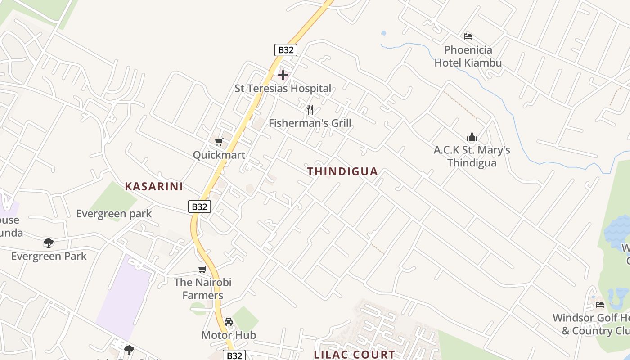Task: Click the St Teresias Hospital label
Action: [x=283, y=89]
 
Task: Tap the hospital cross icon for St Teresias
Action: [x=283, y=75]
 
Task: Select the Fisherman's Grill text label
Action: [x=310, y=123]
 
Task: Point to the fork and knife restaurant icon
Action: [x=310, y=109]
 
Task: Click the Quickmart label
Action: [x=219, y=155]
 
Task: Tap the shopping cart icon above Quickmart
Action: [x=219, y=142]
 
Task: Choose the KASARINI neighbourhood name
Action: [x=154, y=187]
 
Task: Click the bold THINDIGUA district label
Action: [x=342, y=171]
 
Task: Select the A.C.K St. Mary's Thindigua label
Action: [x=472, y=156]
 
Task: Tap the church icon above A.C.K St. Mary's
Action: [x=472, y=137]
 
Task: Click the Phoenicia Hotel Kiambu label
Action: [x=468, y=56]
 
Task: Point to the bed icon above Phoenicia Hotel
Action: [x=468, y=36]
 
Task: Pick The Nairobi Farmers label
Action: [x=202, y=289]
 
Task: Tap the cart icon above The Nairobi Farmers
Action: [x=202, y=270]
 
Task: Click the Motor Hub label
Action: [x=229, y=335]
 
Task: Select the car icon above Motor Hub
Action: [x=229, y=322]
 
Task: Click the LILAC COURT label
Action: [x=354, y=355]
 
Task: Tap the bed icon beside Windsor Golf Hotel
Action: [x=600, y=305]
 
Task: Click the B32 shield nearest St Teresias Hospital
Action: [x=286, y=49]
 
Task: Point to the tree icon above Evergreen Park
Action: [x=49, y=243]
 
